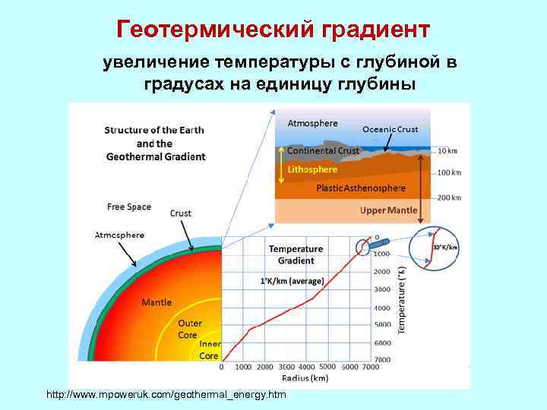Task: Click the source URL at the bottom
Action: [x=166, y=395]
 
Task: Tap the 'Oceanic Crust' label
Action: [x=390, y=129]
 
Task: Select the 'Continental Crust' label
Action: [x=323, y=150]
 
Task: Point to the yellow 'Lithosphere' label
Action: [x=311, y=169]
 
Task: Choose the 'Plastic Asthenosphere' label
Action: [x=361, y=188]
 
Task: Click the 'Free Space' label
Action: [x=129, y=207]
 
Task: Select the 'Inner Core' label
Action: [x=210, y=350]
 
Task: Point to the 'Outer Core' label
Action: [x=189, y=329]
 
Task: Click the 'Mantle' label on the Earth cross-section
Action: [x=157, y=302]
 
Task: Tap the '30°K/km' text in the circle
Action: [x=445, y=247]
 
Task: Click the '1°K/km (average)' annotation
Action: [x=292, y=281]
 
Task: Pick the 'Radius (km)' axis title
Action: [x=304, y=377]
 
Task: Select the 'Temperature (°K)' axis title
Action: [x=403, y=299]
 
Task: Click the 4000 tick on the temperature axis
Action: [x=381, y=307]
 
